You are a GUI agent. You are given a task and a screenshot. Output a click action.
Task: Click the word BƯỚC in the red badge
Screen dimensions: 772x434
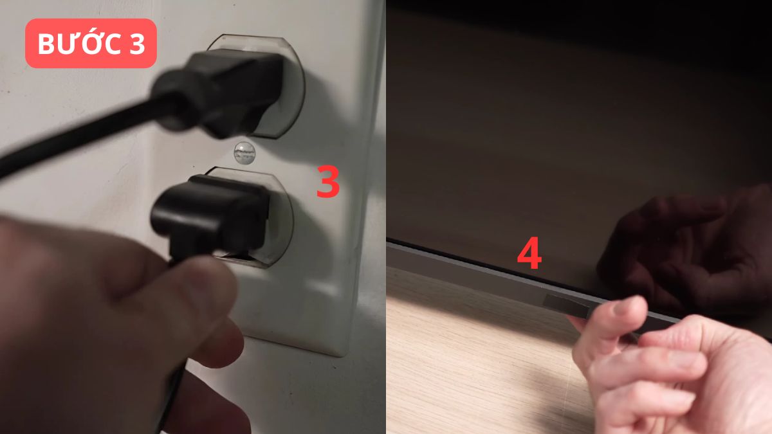point(80,43)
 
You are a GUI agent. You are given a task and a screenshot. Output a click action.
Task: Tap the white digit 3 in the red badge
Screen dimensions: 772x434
point(137,44)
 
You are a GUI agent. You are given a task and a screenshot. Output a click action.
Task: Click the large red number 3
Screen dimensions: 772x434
point(327,182)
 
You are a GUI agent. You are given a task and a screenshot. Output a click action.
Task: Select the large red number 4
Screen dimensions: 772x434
point(529,253)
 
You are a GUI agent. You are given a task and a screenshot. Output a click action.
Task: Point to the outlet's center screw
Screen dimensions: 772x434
point(244,153)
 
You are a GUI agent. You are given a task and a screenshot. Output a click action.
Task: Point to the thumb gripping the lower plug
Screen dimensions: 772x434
point(193,293)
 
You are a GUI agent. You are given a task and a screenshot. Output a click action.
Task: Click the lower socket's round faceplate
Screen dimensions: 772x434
point(282,221)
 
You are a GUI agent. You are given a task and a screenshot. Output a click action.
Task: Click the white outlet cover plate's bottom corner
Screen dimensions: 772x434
point(340,355)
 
